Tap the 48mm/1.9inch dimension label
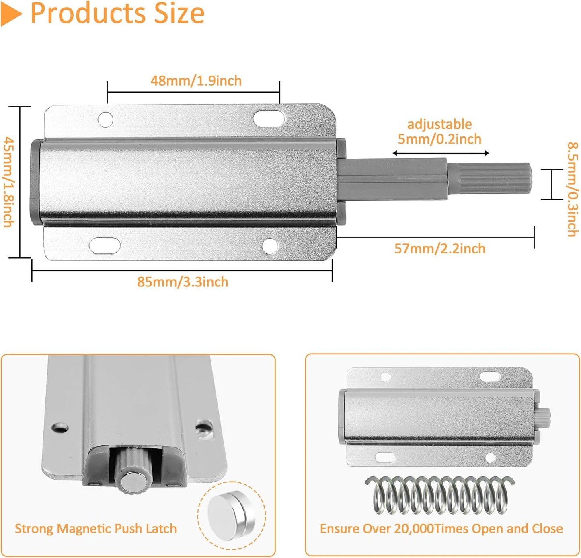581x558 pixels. pos(196,81)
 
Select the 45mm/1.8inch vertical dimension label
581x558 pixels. pos(9,182)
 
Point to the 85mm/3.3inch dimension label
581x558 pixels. pos(183,282)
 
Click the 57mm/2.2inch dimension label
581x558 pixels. pos(440,249)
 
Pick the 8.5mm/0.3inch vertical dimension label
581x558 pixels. pos(573,189)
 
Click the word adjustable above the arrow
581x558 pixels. pos(439,124)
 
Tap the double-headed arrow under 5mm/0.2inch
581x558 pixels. pos(440,153)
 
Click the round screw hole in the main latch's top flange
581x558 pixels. pos(105,119)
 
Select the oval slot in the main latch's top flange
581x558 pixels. pos(269,118)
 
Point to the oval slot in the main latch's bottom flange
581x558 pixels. pos(105,245)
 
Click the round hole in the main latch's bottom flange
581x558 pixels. pos(270,246)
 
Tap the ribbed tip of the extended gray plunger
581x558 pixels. pos(490,178)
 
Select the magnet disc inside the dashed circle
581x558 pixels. pos(232,516)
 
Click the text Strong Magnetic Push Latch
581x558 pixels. pos(96,528)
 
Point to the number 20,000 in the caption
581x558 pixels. pos(414,529)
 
